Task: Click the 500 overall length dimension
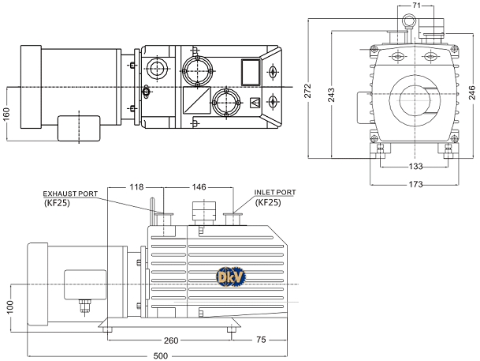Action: point(160,355)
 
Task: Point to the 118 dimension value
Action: point(136,187)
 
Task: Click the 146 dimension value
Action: point(199,187)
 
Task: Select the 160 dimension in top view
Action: point(7,115)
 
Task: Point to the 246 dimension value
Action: point(471,91)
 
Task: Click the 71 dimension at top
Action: point(417,6)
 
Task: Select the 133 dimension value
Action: point(416,167)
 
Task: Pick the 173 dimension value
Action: point(416,184)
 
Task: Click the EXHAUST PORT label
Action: point(70,193)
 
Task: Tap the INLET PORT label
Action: point(275,192)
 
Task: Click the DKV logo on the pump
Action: point(230,276)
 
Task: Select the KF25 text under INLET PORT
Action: point(268,202)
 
